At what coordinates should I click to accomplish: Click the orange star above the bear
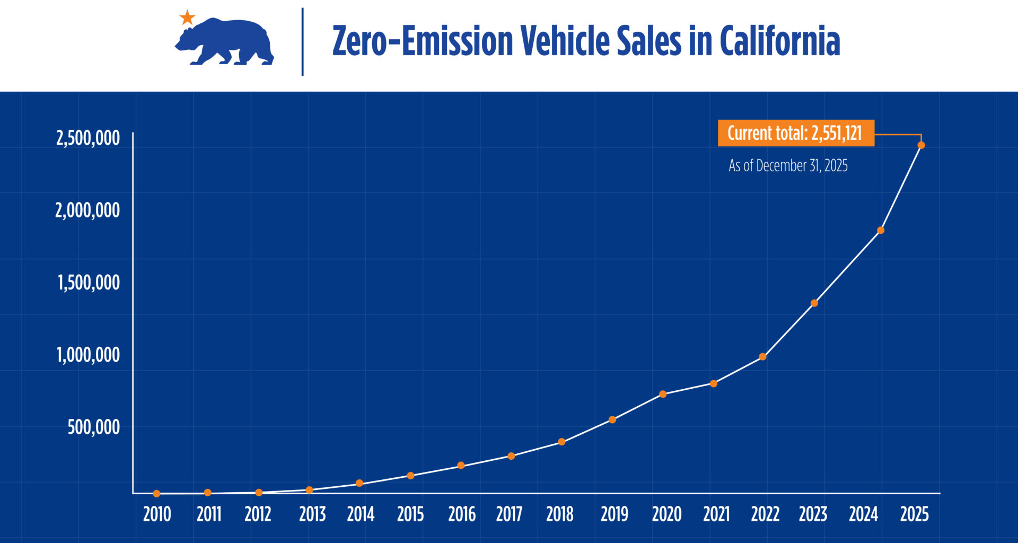pos(187,17)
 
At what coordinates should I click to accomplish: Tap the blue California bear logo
pos(225,42)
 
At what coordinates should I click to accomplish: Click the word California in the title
pos(779,41)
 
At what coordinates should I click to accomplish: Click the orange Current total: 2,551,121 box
pos(795,133)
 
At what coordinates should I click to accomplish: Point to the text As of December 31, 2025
pos(788,166)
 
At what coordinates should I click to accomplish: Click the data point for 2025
pos(921,145)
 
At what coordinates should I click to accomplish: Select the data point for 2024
pos(881,230)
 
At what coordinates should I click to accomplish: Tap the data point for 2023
pos(814,303)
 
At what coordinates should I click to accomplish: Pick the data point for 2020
pos(663,394)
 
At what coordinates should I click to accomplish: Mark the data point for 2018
pos(561,442)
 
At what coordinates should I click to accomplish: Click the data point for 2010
pos(156,494)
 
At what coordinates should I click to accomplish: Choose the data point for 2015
pos(410,476)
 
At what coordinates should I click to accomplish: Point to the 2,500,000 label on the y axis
pos(88,138)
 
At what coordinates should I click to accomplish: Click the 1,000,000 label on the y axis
pos(88,355)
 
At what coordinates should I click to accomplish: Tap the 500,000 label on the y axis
pos(93,427)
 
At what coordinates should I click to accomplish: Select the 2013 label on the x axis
pos(312,514)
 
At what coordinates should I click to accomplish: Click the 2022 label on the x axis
pos(765,514)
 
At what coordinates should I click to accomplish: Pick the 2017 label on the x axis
pos(509,514)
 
